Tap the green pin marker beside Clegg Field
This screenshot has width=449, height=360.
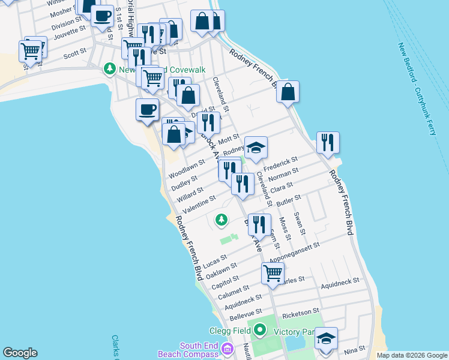259,329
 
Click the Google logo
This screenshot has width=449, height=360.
20,353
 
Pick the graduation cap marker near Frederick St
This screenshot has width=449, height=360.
256,148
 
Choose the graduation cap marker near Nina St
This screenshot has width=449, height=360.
326,339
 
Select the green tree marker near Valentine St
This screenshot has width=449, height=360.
221,220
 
